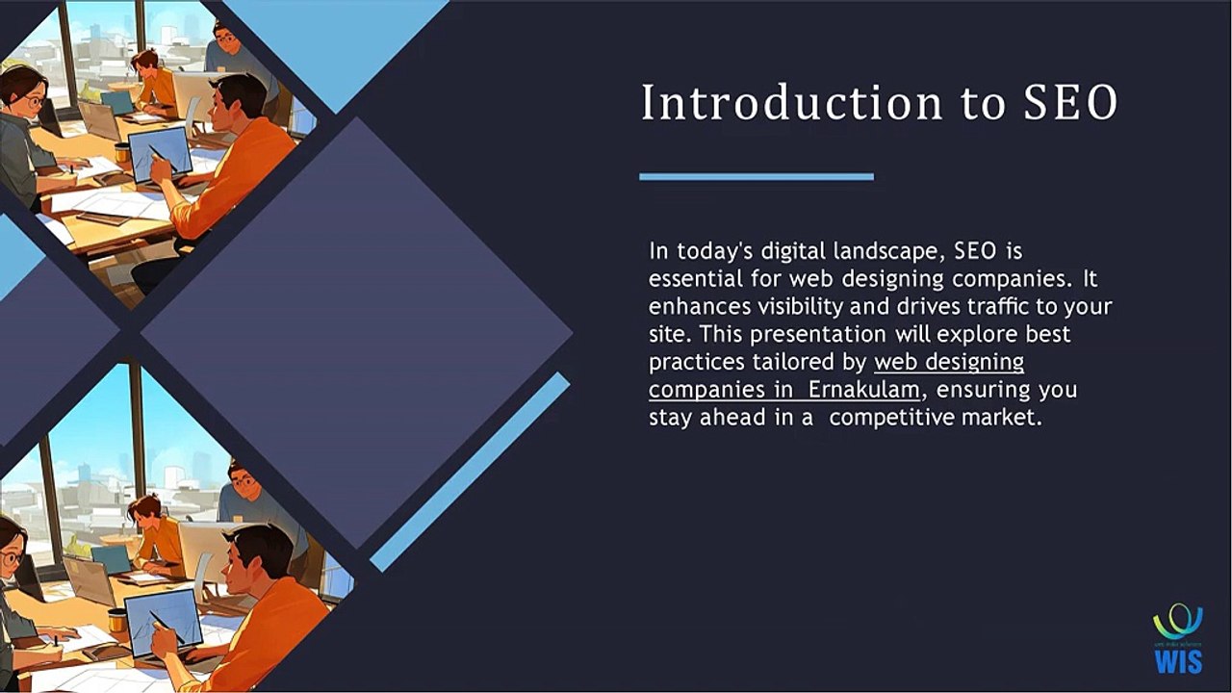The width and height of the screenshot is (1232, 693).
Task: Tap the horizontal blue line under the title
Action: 757,177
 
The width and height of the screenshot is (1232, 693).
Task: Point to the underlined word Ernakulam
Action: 863,391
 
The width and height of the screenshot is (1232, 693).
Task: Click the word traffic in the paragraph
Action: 1006,307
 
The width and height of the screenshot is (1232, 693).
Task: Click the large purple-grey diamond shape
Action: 356,332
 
